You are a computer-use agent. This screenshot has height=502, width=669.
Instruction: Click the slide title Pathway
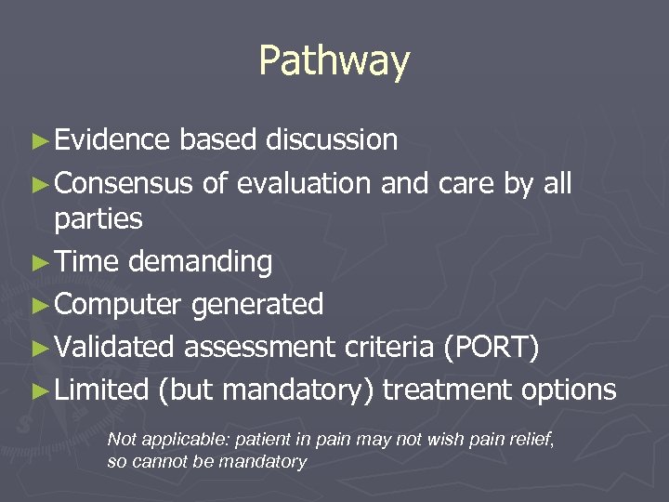(x=334, y=61)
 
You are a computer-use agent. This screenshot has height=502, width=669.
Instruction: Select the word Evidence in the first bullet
(x=111, y=140)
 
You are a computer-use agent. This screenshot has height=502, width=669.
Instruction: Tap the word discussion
(x=332, y=140)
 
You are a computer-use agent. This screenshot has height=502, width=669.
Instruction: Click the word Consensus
(x=124, y=184)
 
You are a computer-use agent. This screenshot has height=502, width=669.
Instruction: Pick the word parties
(x=98, y=220)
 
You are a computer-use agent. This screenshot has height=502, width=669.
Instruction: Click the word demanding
(x=200, y=262)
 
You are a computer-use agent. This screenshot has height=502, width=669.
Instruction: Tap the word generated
(x=258, y=304)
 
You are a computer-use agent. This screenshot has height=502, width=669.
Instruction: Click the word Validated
(x=114, y=347)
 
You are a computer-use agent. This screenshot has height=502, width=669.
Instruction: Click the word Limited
(x=102, y=390)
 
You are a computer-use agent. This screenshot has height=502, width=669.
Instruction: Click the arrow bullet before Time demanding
(x=38, y=263)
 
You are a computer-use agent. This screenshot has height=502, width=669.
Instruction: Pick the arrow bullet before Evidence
(x=38, y=141)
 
